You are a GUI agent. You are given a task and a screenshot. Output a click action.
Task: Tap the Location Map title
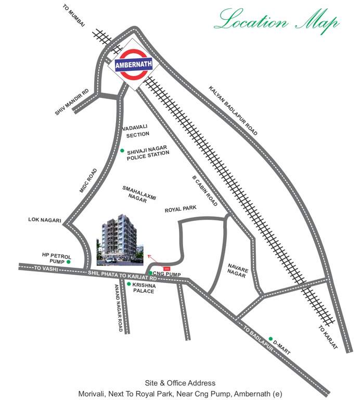pyautogui.click(x=278, y=20)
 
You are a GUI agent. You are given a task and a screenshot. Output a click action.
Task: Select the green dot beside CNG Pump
pyautogui.click(x=150, y=273)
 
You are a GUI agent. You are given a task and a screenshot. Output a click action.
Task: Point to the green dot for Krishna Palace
pyautogui.click(x=129, y=284)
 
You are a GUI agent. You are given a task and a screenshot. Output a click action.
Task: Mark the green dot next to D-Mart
pyautogui.click(x=271, y=339)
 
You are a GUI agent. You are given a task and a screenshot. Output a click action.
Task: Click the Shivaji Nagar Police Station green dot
pyautogui.click(x=122, y=151)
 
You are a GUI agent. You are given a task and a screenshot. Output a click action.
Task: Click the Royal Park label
pyautogui.click(x=181, y=209)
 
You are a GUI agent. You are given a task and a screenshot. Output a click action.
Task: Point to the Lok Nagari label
pyautogui.click(x=45, y=220)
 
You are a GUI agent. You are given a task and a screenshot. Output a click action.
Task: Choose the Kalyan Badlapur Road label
pyautogui.click(x=233, y=110)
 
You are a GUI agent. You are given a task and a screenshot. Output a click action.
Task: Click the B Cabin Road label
pyautogui.click(x=204, y=191)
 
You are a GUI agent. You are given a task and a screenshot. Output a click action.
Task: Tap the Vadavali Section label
pyautogui.click(x=137, y=130)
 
